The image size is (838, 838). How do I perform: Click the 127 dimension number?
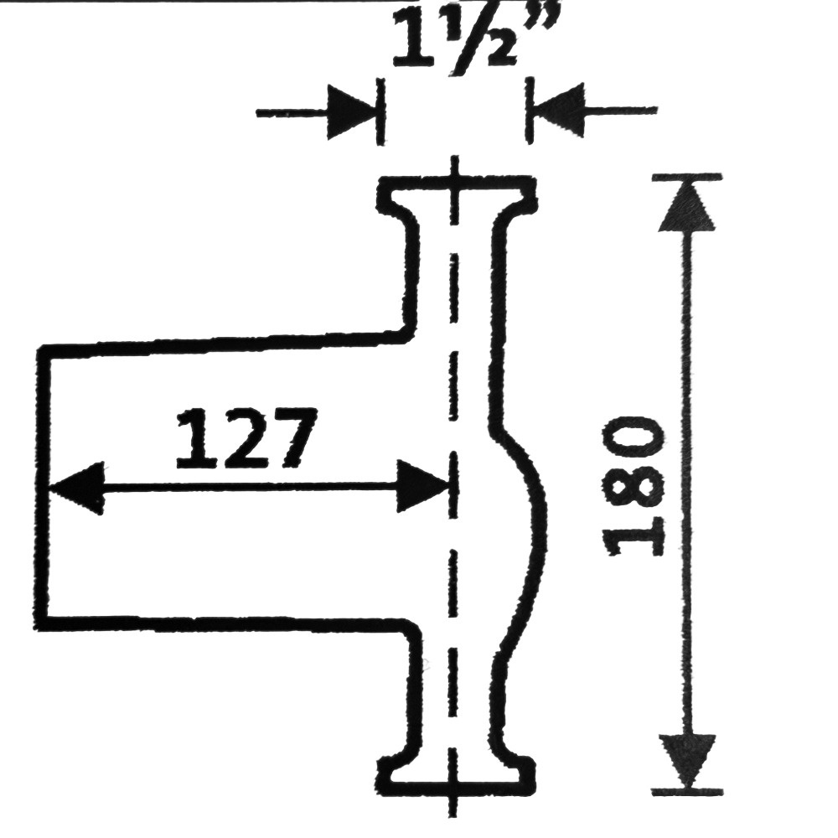[246, 438]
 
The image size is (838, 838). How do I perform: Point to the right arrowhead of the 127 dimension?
[422, 486]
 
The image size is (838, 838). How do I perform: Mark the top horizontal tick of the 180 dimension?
[687, 177]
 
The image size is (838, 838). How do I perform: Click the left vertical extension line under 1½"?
[380, 111]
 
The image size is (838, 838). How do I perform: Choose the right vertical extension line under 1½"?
[530, 110]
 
